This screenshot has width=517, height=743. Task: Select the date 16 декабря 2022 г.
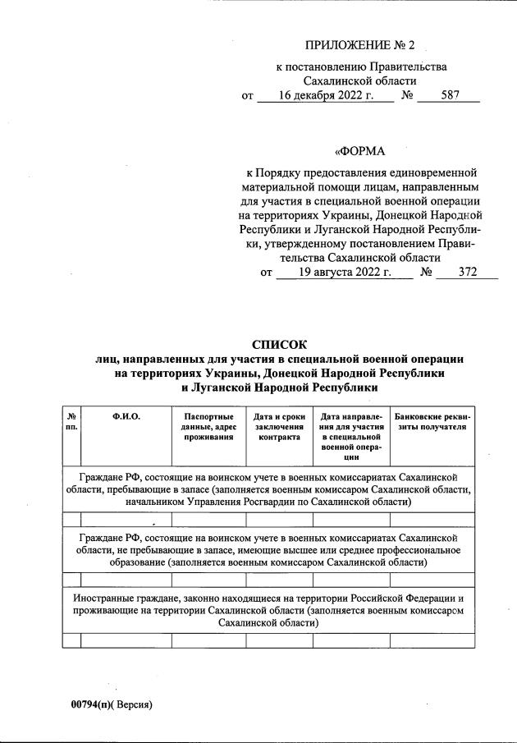click(325, 96)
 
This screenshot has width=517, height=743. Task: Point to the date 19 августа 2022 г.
click(344, 273)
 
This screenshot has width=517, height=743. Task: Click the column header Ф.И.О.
click(126, 416)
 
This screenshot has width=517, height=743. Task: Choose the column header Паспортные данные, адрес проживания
click(208, 427)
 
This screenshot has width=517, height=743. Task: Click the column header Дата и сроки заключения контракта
click(279, 427)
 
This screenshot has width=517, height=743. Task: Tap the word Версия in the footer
click(132, 704)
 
